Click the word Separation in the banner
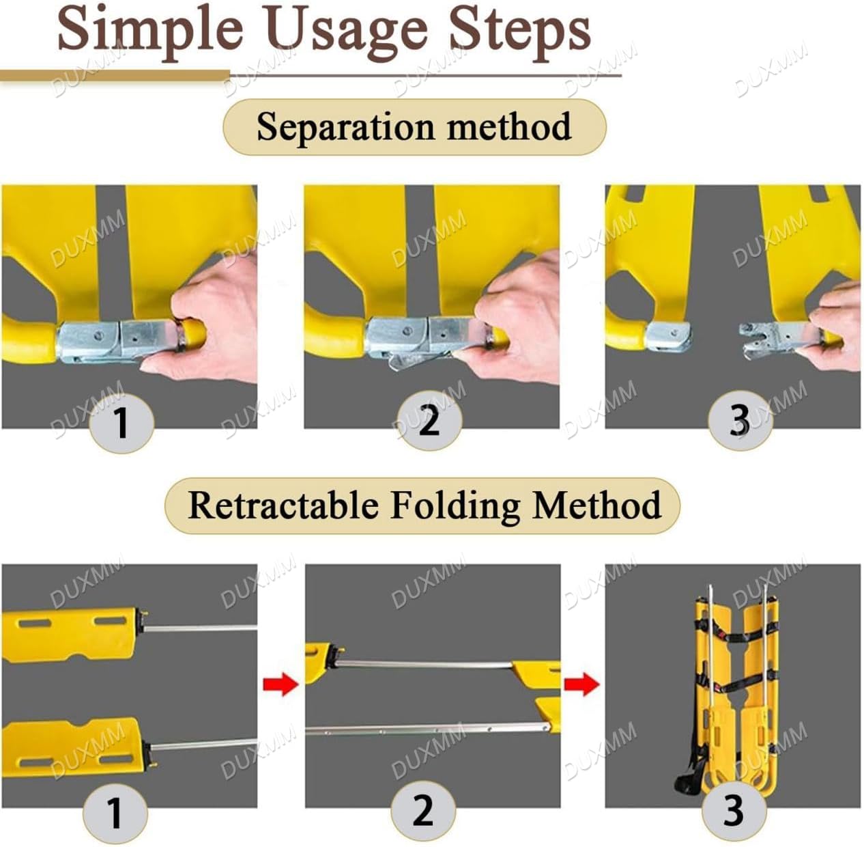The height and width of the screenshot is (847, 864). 345,128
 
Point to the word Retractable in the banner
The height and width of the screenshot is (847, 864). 283,505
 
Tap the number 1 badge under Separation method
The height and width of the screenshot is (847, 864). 121,422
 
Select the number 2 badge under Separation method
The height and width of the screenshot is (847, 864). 429,420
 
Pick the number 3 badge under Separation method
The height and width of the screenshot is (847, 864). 740,420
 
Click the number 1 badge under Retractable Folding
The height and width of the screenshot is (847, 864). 115,813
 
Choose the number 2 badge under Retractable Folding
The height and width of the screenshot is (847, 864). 422,811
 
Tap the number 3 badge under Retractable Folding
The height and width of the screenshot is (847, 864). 734,811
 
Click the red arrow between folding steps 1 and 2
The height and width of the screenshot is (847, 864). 280,683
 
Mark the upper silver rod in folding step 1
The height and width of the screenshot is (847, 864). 201,627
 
